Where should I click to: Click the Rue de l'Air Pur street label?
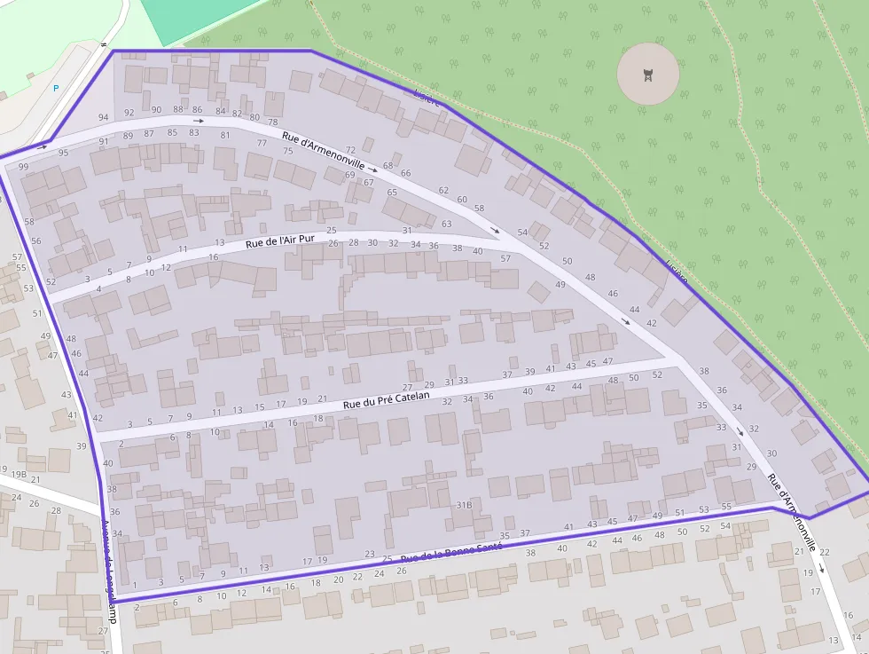click(280, 240)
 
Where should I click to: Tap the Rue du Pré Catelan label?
click(386, 400)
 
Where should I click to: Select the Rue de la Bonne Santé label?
click(451, 553)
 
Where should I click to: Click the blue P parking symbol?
click(56, 88)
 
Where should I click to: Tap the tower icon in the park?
click(648, 75)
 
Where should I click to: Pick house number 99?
click(23, 167)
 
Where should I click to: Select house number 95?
click(63, 153)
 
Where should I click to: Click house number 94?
click(104, 117)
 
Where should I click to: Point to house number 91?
click(104, 141)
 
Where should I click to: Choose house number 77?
click(262, 143)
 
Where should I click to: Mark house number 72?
click(350, 150)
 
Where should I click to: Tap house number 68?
click(388, 166)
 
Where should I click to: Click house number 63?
click(446, 224)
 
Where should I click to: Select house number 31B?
click(463, 504)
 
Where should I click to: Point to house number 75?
click(287, 151)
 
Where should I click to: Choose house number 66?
click(406, 173)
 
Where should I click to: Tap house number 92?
click(129, 113)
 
